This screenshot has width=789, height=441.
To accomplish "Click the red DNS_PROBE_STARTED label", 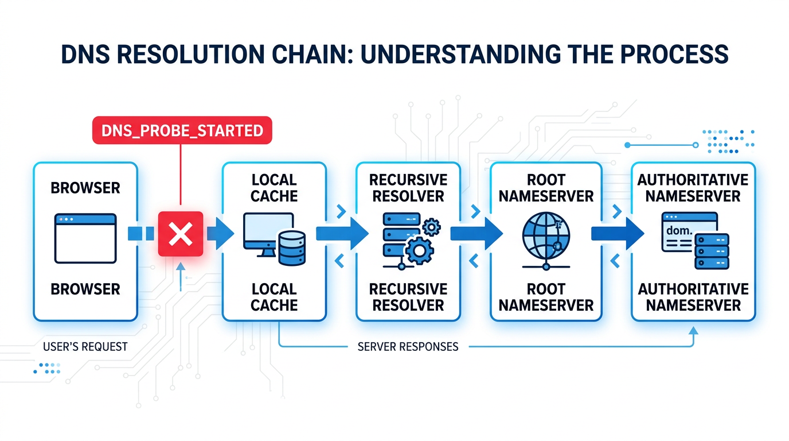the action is pos(182,130).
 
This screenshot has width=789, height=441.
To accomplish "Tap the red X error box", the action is pos(181,234).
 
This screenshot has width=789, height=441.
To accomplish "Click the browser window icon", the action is pos(85,238).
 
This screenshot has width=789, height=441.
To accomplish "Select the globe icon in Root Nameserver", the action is pos(546,237).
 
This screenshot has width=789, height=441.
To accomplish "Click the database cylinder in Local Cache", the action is pos(292,247).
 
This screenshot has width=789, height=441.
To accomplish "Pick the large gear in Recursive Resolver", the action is pos(419,251).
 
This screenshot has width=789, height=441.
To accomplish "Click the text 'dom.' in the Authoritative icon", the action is pos(679,231).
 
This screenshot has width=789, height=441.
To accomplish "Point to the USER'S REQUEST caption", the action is pos(85,347).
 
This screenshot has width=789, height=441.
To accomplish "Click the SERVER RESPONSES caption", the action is pos(408,347).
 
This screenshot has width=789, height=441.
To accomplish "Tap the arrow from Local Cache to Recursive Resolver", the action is pos(342,234).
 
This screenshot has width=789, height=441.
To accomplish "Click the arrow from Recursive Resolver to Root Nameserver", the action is pos(476,234).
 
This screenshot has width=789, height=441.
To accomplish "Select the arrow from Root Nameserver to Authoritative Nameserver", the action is pos(618,234).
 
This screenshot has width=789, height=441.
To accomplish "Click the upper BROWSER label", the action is pos(85,188).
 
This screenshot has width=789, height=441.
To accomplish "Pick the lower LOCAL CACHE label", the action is pos(274,297).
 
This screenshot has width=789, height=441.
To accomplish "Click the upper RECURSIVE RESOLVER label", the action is pos(408,188).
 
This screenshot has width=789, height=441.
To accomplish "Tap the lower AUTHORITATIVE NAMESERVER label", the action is pos(693,297).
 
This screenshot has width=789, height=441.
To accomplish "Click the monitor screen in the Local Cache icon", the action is pos(268,227).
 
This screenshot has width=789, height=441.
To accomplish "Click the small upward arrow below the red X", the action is pos(181,277).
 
